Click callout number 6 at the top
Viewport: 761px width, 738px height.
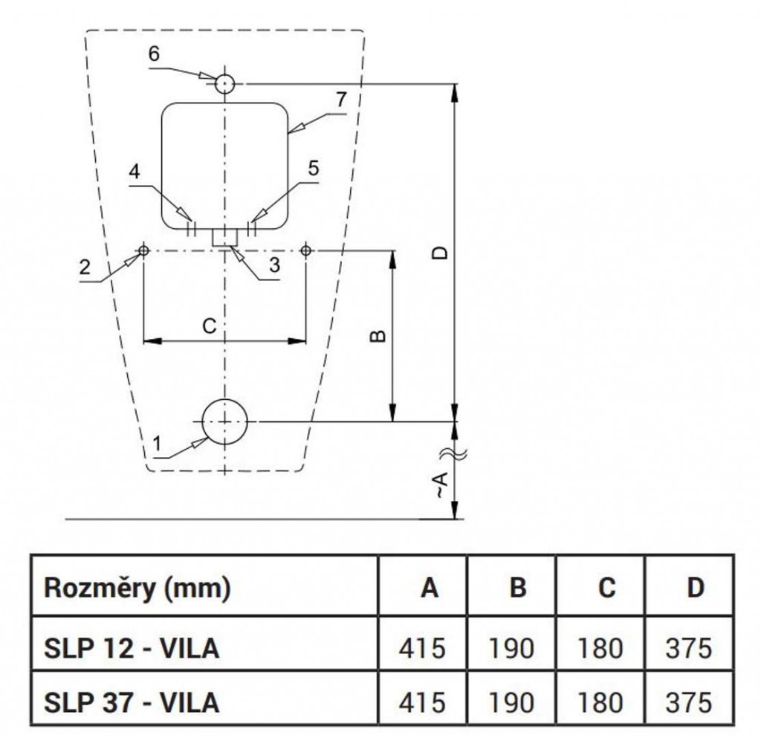154,54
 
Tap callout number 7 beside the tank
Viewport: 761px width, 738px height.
340,99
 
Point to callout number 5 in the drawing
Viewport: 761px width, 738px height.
313,169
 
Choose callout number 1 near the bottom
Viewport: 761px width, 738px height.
157,444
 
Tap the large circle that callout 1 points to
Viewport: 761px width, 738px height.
224,421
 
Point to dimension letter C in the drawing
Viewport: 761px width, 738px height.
210,325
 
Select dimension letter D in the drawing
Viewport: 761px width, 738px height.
441,253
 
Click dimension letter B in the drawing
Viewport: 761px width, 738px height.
378,336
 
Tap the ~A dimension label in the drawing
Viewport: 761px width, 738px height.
440,487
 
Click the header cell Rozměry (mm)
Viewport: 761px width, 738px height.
137,588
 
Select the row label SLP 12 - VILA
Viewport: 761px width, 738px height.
132,647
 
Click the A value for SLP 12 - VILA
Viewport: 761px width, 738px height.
422,647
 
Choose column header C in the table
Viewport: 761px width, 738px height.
606,588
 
